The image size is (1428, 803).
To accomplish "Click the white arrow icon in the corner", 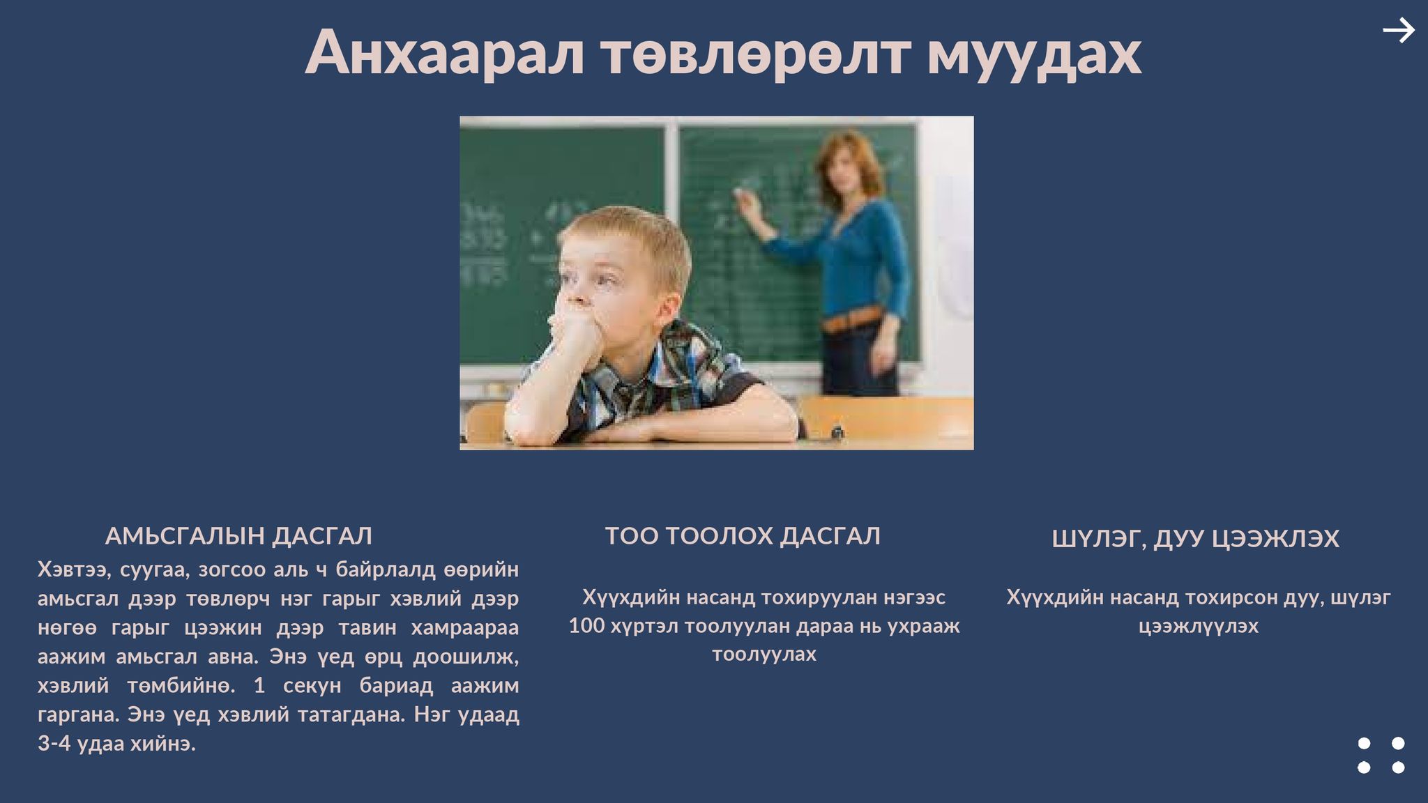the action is (1399, 31).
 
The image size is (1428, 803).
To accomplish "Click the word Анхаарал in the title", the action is (445, 52).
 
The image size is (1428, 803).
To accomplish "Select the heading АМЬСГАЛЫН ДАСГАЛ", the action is (238, 536).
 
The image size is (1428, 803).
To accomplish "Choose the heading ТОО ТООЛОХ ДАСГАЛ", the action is (743, 536).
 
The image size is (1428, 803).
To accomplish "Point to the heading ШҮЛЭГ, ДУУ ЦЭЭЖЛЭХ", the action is (1195, 539).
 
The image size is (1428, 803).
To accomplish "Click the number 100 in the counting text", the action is (586, 626).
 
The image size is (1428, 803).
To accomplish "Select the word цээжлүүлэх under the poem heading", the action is (1199, 627).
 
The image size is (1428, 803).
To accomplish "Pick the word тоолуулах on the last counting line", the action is (764, 655).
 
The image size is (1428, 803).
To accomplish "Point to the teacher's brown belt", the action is (852, 320).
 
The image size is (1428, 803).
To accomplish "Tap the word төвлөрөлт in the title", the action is (756, 53).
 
